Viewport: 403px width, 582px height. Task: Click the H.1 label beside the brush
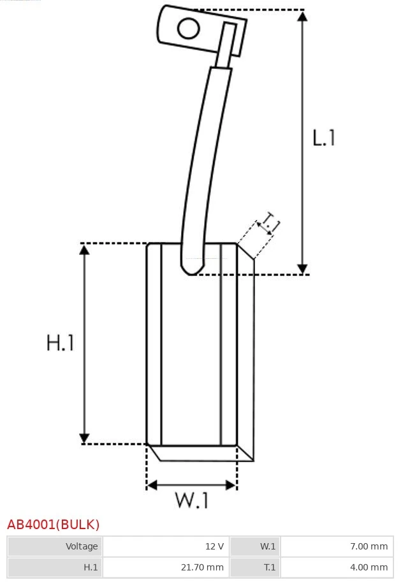pos(60,342)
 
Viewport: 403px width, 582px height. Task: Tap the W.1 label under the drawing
pos(192,500)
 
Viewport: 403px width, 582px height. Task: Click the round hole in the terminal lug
pos(188,28)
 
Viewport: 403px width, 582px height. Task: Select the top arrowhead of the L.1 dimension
pos(303,17)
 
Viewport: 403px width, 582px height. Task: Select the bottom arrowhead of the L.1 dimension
pos(303,269)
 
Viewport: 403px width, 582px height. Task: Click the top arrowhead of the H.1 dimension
pos(85,250)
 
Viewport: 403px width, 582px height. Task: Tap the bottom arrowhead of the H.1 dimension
pos(85,438)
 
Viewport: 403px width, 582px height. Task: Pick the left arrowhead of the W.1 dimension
pos(152,484)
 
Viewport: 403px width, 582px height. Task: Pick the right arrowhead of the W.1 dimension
pos(231,484)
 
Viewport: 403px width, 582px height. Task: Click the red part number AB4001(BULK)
pos(54,525)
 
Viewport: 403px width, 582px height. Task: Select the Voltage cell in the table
pos(55,546)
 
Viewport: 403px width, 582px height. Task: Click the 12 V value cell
pos(166,546)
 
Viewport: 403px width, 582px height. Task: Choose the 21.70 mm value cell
pos(166,567)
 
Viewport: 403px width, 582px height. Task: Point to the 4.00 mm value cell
pos(337,567)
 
